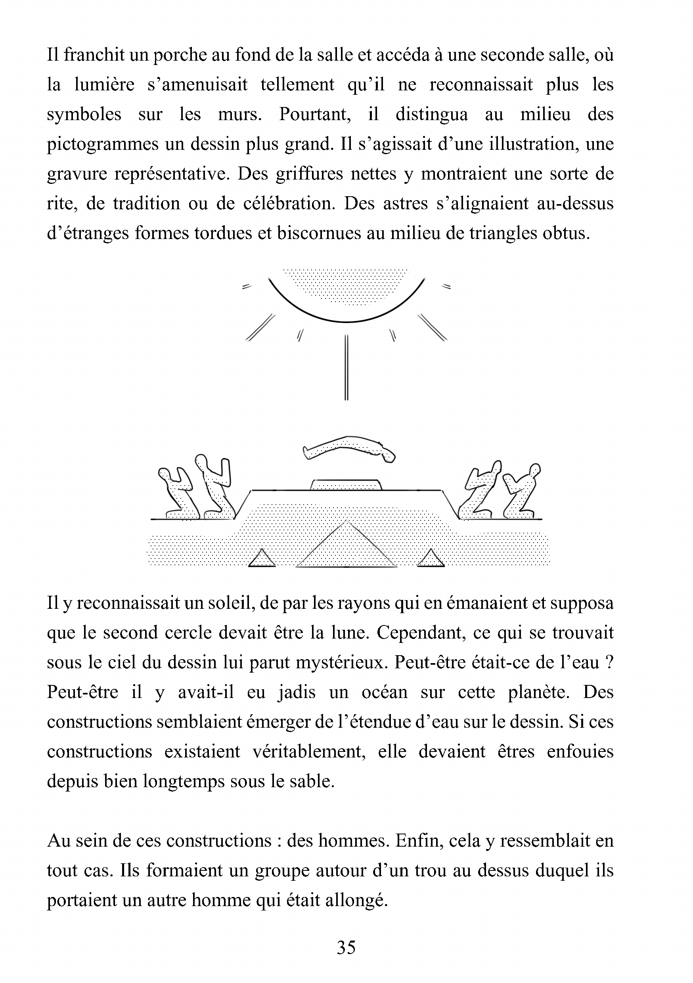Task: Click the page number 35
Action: [x=346, y=947]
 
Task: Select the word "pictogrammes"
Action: [x=102, y=144]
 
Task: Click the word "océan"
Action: [x=384, y=692]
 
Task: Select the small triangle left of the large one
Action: [x=262, y=559]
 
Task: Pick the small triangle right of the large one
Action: [x=431, y=559]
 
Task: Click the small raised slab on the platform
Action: [x=346, y=485]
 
